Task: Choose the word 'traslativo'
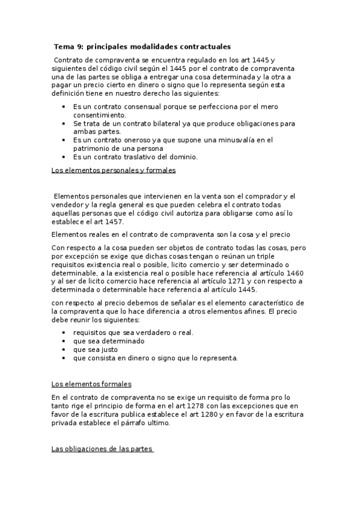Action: pos(147,157)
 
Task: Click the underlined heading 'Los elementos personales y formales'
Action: pos(114,171)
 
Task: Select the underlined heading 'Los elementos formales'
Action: pos(91,384)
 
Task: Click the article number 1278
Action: pos(199,406)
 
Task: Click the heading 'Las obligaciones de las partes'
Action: pos(102,449)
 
